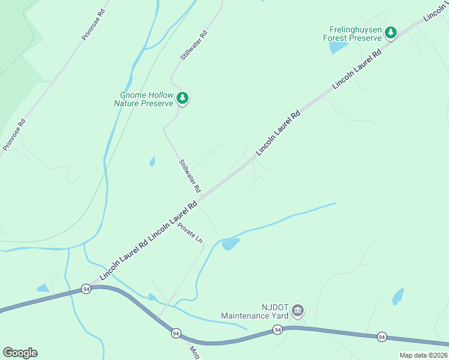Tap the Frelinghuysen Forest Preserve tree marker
pyautogui.click(x=391, y=32)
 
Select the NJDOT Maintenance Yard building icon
pyautogui.click(x=298, y=311)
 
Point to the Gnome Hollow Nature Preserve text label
pyautogui.click(x=146, y=99)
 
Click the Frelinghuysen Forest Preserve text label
pyautogui.click(x=355, y=33)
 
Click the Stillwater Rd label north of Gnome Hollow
pyautogui.click(x=193, y=45)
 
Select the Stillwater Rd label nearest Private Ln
pyautogui.click(x=189, y=175)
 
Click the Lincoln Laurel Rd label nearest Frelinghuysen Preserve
pyautogui.click(x=357, y=70)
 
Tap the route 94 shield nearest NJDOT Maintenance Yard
pyautogui.click(x=277, y=329)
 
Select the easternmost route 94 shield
pyautogui.click(x=382, y=337)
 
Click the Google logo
pyautogui.click(x=20, y=353)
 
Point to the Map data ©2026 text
pyautogui.click(x=424, y=355)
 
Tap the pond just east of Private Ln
pyautogui.click(x=231, y=244)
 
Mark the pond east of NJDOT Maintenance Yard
pyautogui.click(x=398, y=296)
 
